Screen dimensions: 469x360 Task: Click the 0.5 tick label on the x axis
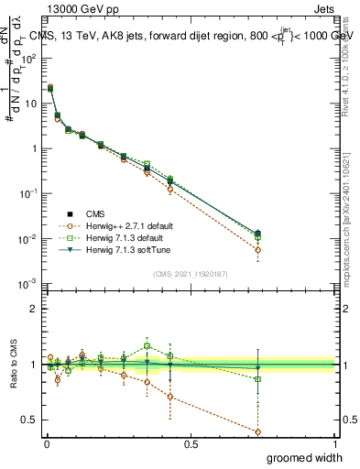190,443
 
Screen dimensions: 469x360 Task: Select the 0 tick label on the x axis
46,443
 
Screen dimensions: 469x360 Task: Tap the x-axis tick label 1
333,443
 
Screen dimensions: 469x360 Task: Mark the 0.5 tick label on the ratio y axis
29,420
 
